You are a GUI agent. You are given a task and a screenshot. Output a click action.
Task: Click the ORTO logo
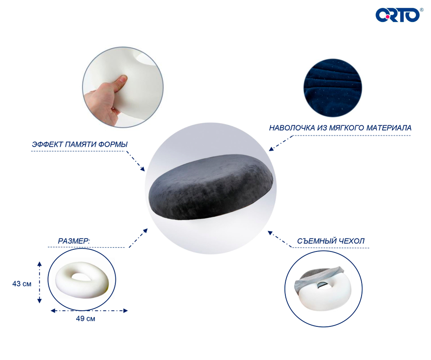coord(398,15)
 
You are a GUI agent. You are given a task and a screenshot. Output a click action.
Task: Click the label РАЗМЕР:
coord(74,241)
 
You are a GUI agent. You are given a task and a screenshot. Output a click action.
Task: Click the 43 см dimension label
coord(22,284)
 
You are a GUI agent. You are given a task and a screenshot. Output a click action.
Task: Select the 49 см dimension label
coord(85,319)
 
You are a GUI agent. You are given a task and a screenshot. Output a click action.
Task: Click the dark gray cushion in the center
coord(211,187)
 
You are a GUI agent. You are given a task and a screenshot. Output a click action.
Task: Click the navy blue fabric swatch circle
coord(333,88)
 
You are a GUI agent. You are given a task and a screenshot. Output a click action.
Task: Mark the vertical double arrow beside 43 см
coord(40,282)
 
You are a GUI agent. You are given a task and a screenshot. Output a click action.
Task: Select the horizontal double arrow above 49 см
coord(89,311)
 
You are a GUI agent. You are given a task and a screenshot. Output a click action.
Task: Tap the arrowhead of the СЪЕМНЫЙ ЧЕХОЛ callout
coord(270,233)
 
